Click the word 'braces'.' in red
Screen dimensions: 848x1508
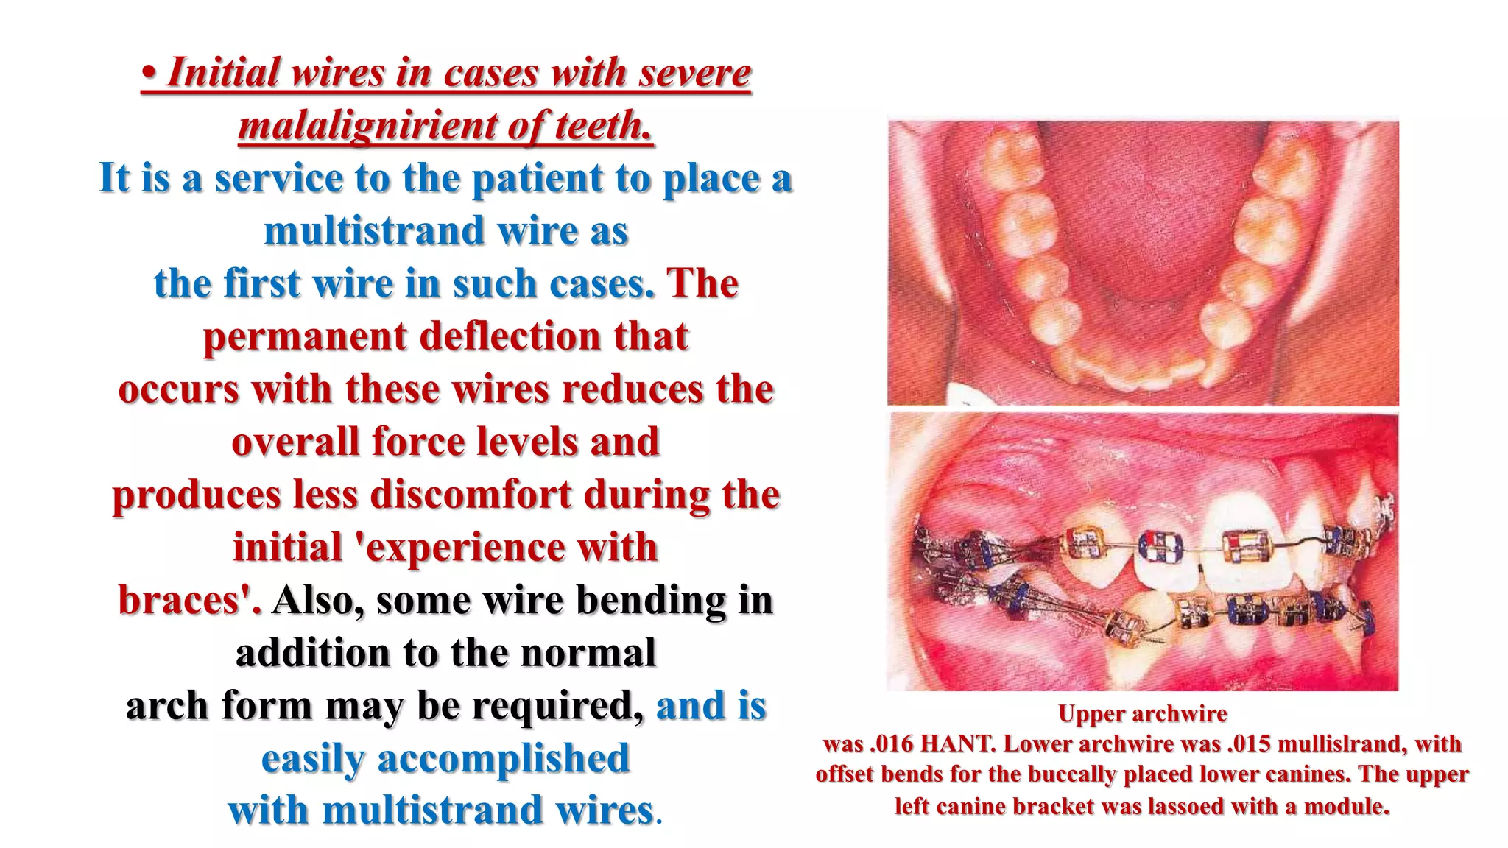point(189,601)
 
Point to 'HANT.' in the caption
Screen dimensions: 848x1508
point(959,744)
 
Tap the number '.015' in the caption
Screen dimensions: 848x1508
point(1250,744)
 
